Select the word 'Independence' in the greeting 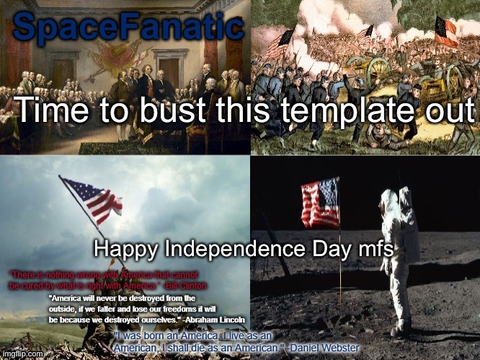(239, 250)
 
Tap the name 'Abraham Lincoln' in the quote (215, 318)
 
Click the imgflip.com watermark (22, 354)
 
